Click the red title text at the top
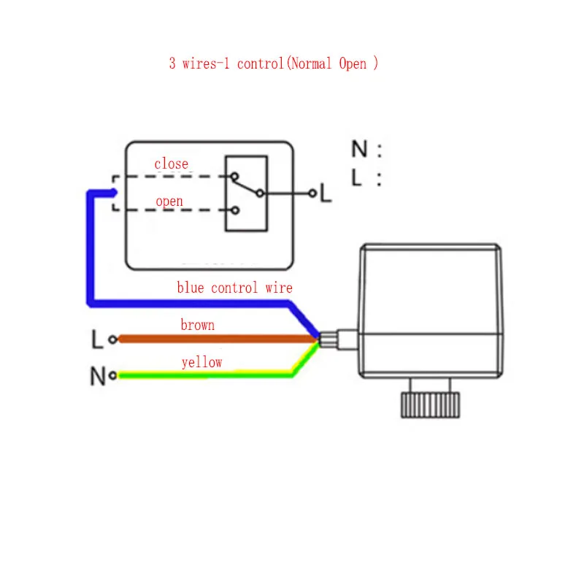274,64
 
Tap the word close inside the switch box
171,164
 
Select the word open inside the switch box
169,201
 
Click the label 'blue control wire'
234,288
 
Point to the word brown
197,325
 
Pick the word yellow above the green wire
202,362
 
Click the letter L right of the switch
326,193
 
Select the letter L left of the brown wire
97,339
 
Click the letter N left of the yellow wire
97,377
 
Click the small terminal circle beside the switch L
312,193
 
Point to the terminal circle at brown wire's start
112,339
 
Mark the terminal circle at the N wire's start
112,377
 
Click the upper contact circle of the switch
234,176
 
